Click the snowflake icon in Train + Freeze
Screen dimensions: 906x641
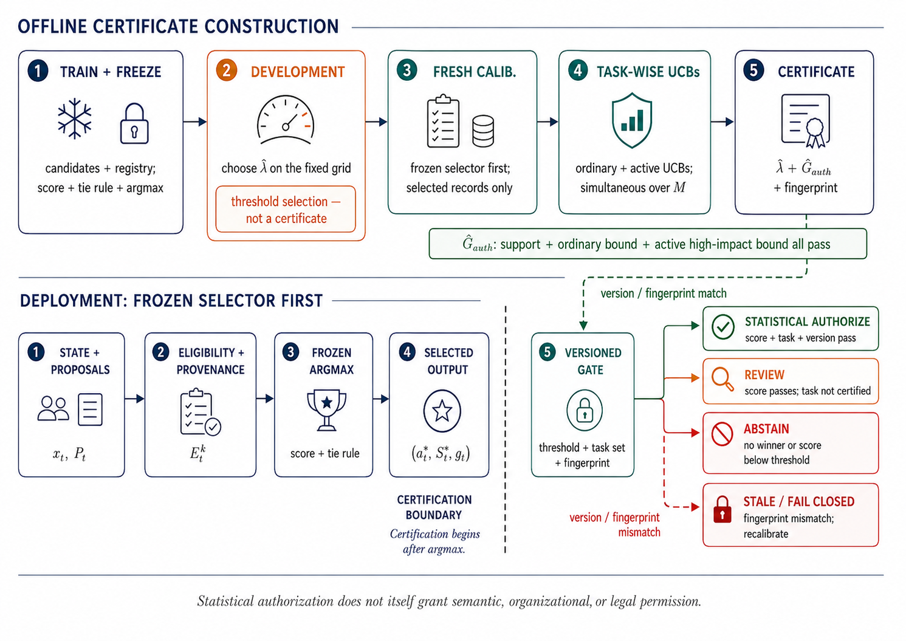(x=74, y=118)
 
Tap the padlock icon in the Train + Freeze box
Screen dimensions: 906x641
(x=134, y=123)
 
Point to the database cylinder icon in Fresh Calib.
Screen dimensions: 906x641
(x=483, y=131)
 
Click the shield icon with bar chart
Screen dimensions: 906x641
(x=632, y=120)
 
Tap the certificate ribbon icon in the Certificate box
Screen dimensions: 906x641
(x=806, y=120)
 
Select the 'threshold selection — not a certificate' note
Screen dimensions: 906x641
(x=286, y=210)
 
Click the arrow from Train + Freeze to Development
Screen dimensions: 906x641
(x=195, y=122)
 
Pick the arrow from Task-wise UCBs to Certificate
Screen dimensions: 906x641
(x=722, y=122)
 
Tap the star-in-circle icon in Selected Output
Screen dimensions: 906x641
(x=442, y=411)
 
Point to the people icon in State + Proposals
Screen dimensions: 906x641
(x=53, y=409)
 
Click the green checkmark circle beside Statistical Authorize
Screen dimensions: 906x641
(x=723, y=327)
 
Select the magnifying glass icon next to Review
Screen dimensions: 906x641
(x=722, y=379)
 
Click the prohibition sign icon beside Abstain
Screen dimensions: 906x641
(x=722, y=434)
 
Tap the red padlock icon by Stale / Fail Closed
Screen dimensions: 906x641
(x=722, y=509)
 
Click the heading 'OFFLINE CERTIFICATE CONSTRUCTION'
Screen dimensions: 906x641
(x=178, y=27)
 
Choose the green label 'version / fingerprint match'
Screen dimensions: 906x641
(x=664, y=293)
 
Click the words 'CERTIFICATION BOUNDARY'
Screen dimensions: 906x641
(x=434, y=507)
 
